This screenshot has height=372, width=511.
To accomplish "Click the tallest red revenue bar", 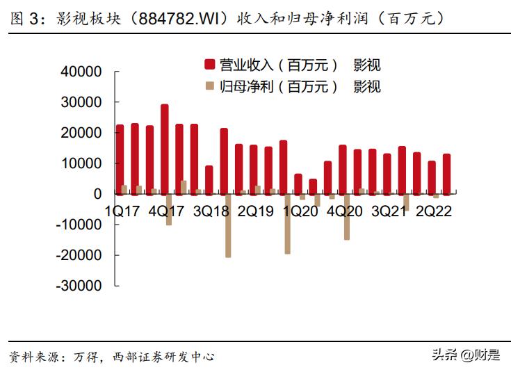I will point(164,149).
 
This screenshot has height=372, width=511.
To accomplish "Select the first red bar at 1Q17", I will point(120,159).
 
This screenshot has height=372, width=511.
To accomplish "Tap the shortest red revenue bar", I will point(313,186).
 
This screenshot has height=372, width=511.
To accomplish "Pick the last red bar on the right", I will point(446,174).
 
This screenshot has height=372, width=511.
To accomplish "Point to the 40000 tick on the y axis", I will point(83,72).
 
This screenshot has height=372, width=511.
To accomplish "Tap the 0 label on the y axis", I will point(97,194).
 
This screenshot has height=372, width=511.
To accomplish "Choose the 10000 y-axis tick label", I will point(83,163).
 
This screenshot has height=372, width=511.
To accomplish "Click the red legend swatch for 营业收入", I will point(208,65).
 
